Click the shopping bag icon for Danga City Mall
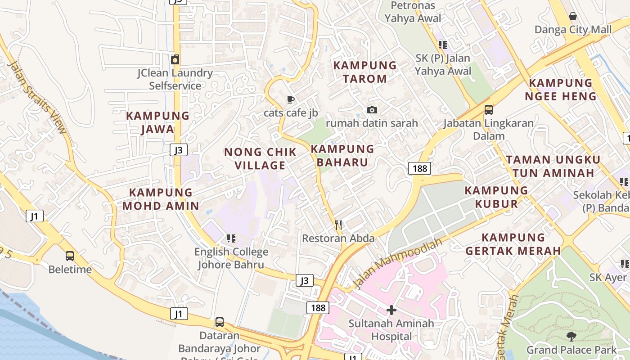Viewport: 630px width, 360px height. click(x=572, y=17)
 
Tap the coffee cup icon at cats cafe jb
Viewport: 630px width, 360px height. click(x=291, y=99)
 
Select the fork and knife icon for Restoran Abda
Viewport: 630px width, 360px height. click(x=338, y=225)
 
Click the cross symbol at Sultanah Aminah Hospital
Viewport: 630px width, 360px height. click(x=391, y=310)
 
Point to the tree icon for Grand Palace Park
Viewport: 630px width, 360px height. click(x=571, y=336)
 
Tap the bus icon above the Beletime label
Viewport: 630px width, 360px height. click(x=70, y=256)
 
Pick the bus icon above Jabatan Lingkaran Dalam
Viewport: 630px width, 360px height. click(x=488, y=110)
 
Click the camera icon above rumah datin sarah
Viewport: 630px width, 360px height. click(x=372, y=110)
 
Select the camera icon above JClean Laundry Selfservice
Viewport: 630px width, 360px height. click(x=175, y=59)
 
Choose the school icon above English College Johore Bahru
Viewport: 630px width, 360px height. click(x=231, y=238)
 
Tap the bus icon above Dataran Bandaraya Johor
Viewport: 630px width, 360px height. click(x=219, y=322)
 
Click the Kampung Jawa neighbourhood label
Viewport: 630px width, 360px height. click(x=157, y=122)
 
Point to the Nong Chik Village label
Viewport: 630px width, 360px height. click(x=261, y=158)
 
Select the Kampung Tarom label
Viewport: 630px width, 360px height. click(x=365, y=72)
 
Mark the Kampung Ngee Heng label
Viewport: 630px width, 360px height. click(x=561, y=90)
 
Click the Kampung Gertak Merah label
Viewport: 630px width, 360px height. click(x=513, y=244)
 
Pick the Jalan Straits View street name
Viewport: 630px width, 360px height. click(x=37, y=97)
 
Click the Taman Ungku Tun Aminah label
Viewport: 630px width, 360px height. click(x=553, y=166)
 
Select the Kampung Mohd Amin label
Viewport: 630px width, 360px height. click(x=161, y=199)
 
